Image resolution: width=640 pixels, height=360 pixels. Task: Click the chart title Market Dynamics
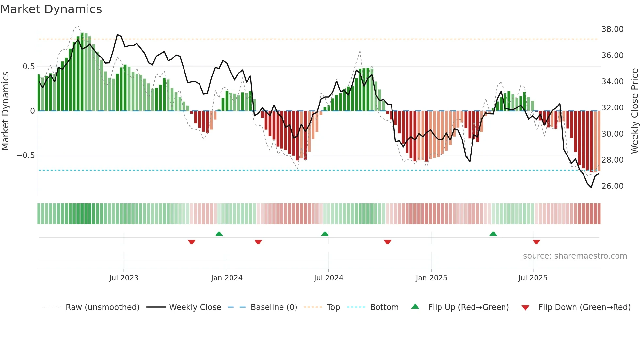pos(51,9)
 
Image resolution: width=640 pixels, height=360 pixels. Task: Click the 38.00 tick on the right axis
pos(612,29)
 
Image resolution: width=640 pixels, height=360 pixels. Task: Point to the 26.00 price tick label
pos(612,186)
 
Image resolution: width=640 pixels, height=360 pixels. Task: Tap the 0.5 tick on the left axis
pos(28,67)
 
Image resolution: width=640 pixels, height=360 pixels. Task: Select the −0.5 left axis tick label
pos(25,155)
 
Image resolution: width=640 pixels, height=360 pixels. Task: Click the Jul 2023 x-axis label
pos(124,278)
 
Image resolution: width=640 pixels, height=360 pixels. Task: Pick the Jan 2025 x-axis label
pos(431,278)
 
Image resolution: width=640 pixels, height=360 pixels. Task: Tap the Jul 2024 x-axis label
pos(328,278)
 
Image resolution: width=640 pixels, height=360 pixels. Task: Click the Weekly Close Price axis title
pos(634,111)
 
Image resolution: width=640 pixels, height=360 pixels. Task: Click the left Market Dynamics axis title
pos(5,111)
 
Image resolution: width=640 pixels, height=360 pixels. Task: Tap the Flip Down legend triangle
pos(525,308)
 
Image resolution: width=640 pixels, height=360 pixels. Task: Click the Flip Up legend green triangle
pos(415,306)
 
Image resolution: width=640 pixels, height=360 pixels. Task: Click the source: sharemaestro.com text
pos(575,256)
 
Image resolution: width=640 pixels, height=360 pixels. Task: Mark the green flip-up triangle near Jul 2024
pos(325,234)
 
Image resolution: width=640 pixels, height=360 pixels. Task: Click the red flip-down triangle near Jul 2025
pos(536,242)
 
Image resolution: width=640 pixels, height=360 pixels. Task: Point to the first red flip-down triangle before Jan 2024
pos(192,242)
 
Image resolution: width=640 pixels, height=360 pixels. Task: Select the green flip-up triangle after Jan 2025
pos(493,234)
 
